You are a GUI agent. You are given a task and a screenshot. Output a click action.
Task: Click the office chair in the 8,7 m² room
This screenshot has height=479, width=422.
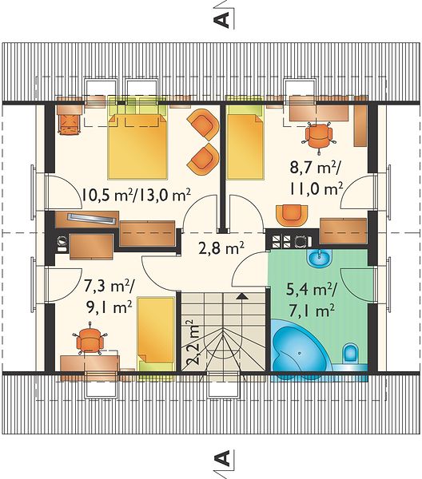click(x=319, y=137)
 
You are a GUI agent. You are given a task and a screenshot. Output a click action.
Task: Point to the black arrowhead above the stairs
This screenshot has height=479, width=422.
click(x=242, y=295)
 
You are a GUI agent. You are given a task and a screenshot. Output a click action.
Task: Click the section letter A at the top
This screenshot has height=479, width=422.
click(x=222, y=19)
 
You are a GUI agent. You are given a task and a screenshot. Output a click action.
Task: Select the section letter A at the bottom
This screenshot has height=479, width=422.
click(x=222, y=458)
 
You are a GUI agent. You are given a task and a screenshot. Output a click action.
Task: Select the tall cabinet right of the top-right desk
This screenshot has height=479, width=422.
click(x=360, y=121)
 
